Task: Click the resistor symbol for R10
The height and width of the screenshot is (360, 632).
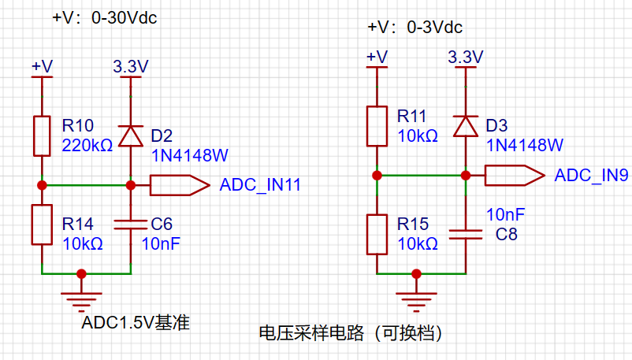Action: pyautogui.click(x=42, y=135)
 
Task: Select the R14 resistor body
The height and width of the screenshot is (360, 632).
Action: pyautogui.click(x=42, y=225)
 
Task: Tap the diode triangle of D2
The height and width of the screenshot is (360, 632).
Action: pyautogui.click(x=131, y=135)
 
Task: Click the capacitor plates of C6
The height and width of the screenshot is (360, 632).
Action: pyautogui.click(x=131, y=225)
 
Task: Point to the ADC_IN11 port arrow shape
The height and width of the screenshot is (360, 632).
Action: pyautogui.click(x=180, y=185)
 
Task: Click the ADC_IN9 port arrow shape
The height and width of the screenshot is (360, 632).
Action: pyautogui.click(x=515, y=176)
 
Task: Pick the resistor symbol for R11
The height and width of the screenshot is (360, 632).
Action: pyautogui.click(x=377, y=126)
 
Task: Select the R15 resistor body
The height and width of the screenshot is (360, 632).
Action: pyautogui.click(x=377, y=235)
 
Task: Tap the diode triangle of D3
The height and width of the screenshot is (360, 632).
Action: pyautogui.click(x=466, y=126)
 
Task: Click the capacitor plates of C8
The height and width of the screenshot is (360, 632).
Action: pyautogui.click(x=466, y=235)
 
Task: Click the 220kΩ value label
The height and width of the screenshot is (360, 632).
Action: pyautogui.click(x=87, y=146)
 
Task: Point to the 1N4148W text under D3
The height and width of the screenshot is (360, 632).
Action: pyautogui.click(x=525, y=145)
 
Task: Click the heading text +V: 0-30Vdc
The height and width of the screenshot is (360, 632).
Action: pyautogui.click(x=104, y=18)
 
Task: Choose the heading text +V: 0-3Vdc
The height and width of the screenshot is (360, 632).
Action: pyautogui.click(x=415, y=28)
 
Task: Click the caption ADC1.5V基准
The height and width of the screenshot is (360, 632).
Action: pyautogui.click(x=136, y=322)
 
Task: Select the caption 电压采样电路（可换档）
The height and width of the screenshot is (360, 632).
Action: pyautogui.click(x=351, y=333)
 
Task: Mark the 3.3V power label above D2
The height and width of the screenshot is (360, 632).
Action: pyautogui.click(x=131, y=66)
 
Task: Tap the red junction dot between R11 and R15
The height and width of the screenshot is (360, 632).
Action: pyautogui.click(x=377, y=176)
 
